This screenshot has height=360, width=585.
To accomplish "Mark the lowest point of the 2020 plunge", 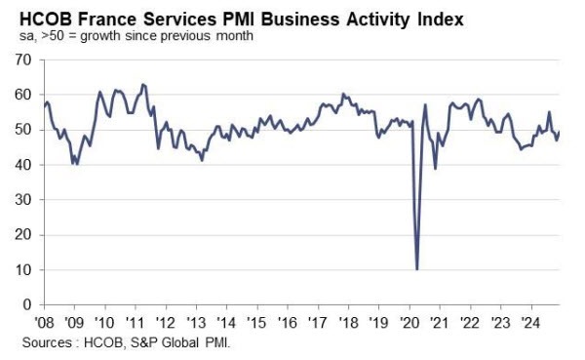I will [417, 268].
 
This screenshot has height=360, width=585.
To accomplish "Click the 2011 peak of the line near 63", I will [143, 85].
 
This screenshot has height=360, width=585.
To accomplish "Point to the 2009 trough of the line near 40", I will [75, 163].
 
